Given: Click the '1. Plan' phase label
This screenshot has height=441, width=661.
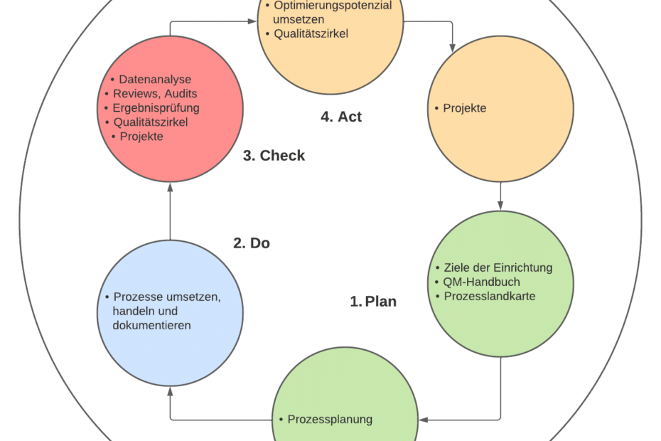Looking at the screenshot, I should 372,302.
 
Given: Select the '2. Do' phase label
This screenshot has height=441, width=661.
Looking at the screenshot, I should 252,243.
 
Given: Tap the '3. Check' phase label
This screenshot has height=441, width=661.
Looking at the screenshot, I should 274,155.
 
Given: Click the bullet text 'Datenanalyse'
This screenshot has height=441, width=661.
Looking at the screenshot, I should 155,80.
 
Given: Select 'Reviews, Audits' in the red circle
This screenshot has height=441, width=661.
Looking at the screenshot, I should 155,94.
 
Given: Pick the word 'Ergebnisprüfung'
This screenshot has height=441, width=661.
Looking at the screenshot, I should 156,108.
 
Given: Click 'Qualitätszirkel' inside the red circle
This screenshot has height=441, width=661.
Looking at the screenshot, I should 155,122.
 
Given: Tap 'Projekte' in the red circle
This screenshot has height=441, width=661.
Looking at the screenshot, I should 141,137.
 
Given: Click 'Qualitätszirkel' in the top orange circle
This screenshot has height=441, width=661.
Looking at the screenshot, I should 311,33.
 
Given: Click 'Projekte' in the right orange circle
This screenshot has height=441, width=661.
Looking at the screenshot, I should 465,108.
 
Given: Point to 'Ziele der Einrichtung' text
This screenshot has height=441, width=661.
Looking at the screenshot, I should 498,267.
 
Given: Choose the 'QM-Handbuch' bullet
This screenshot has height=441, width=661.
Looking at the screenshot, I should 482,282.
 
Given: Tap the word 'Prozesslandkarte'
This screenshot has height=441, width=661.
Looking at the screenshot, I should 489,296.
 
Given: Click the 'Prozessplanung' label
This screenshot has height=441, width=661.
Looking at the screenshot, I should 330,419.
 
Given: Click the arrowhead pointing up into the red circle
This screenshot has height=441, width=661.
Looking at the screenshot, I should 170,187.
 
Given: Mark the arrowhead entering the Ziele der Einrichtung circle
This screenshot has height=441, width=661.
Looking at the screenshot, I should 501,206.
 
